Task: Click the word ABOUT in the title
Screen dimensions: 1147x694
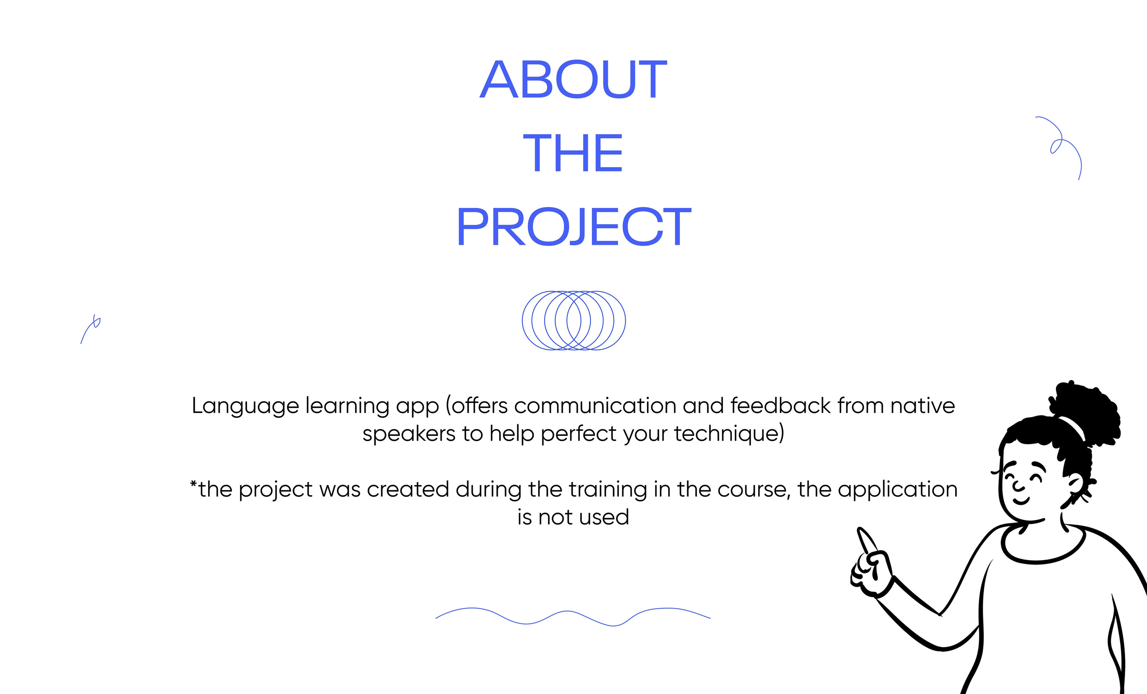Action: (x=573, y=79)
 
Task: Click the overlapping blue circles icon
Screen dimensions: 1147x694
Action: (x=573, y=320)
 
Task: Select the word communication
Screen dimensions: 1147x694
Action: (x=595, y=405)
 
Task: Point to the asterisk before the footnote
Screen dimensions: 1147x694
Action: (x=194, y=484)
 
